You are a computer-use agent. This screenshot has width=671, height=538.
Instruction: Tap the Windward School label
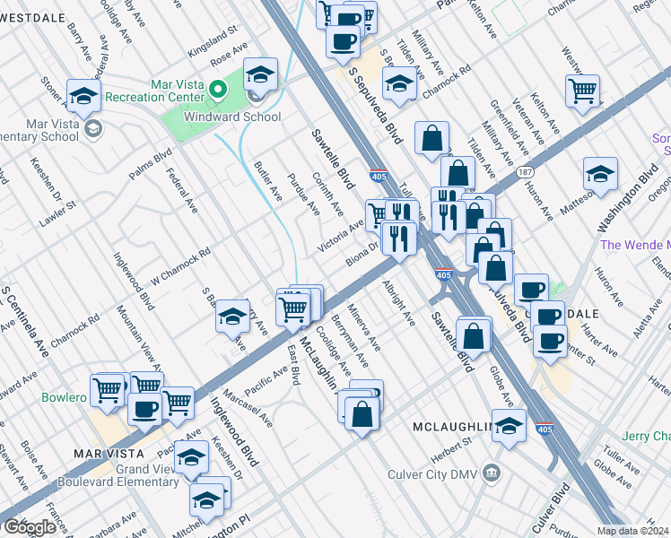pyautogui.click(x=232, y=117)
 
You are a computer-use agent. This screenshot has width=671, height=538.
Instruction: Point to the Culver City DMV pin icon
pyautogui.click(x=491, y=472)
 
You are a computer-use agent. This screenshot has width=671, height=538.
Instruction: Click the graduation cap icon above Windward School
pyautogui.click(x=260, y=74)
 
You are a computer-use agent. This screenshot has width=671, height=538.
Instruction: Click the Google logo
pyautogui.click(x=30, y=528)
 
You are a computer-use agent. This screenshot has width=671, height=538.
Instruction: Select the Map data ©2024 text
pyautogui.click(x=633, y=531)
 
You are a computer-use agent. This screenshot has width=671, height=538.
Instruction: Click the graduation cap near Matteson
pyautogui.click(x=600, y=174)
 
